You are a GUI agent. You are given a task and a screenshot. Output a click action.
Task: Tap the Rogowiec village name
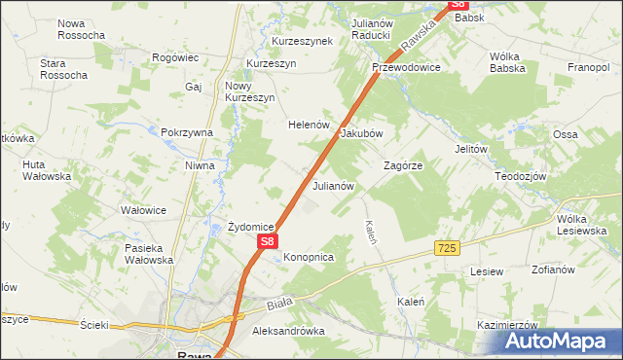coord(175,57)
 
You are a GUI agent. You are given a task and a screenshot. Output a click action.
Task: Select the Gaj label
coord(192,87)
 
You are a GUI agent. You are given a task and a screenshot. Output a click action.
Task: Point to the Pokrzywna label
coord(187,132)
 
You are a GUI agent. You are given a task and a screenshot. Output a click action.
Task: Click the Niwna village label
coord(200,165)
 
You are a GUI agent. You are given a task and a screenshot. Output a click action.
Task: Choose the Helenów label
coord(311,126)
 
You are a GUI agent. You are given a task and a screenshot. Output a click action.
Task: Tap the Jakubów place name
coord(361,133)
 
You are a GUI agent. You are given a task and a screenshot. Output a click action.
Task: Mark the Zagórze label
coord(402,165)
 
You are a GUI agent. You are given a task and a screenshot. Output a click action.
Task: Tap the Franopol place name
coord(588,68)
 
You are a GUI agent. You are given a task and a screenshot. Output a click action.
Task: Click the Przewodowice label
coord(406,68)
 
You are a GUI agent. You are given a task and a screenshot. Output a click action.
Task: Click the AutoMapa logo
coord(560,341)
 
